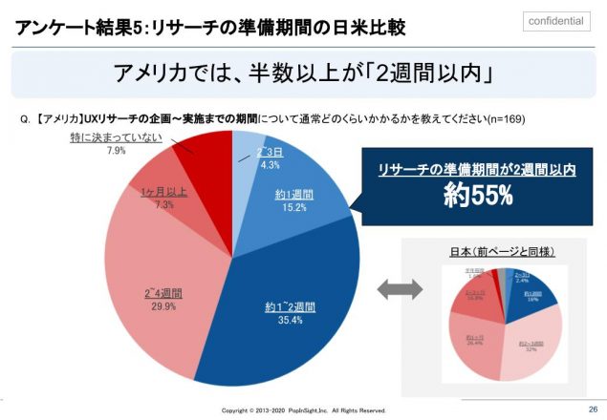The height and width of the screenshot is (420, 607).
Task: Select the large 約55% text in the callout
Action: point(478,196)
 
